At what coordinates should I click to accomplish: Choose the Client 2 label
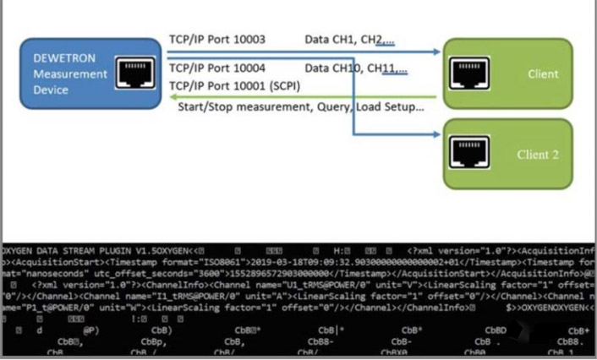coord(538,155)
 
